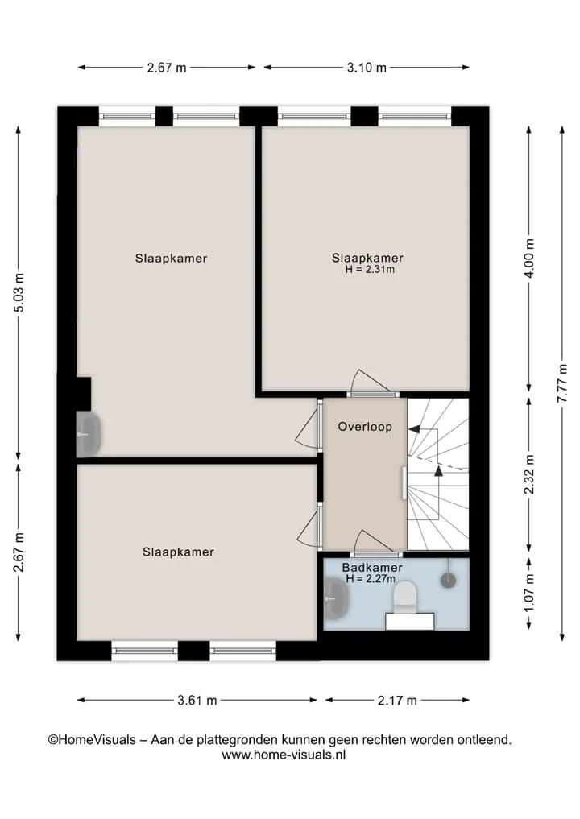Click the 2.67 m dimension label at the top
tap(167, 68)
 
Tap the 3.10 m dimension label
tap(367, 68)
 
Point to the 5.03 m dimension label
tap(19, 292)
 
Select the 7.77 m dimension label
tap(562, 383)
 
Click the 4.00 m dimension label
tap(529, 259)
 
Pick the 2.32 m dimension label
tap(529, 474)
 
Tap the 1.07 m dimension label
tap(529, 594)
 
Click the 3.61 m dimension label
tap(197, 701)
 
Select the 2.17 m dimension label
tap(397, 701)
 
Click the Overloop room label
tap(365, 427)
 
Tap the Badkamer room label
tap(372, 567)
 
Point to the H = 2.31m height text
tap(370, 270)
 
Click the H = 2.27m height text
tap(370, 579)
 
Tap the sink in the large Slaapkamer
tap(89, 434)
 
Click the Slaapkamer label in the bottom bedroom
tap(178, 552)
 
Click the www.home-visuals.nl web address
tap(284, 755)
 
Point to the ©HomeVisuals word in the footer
tap(92, 739)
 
